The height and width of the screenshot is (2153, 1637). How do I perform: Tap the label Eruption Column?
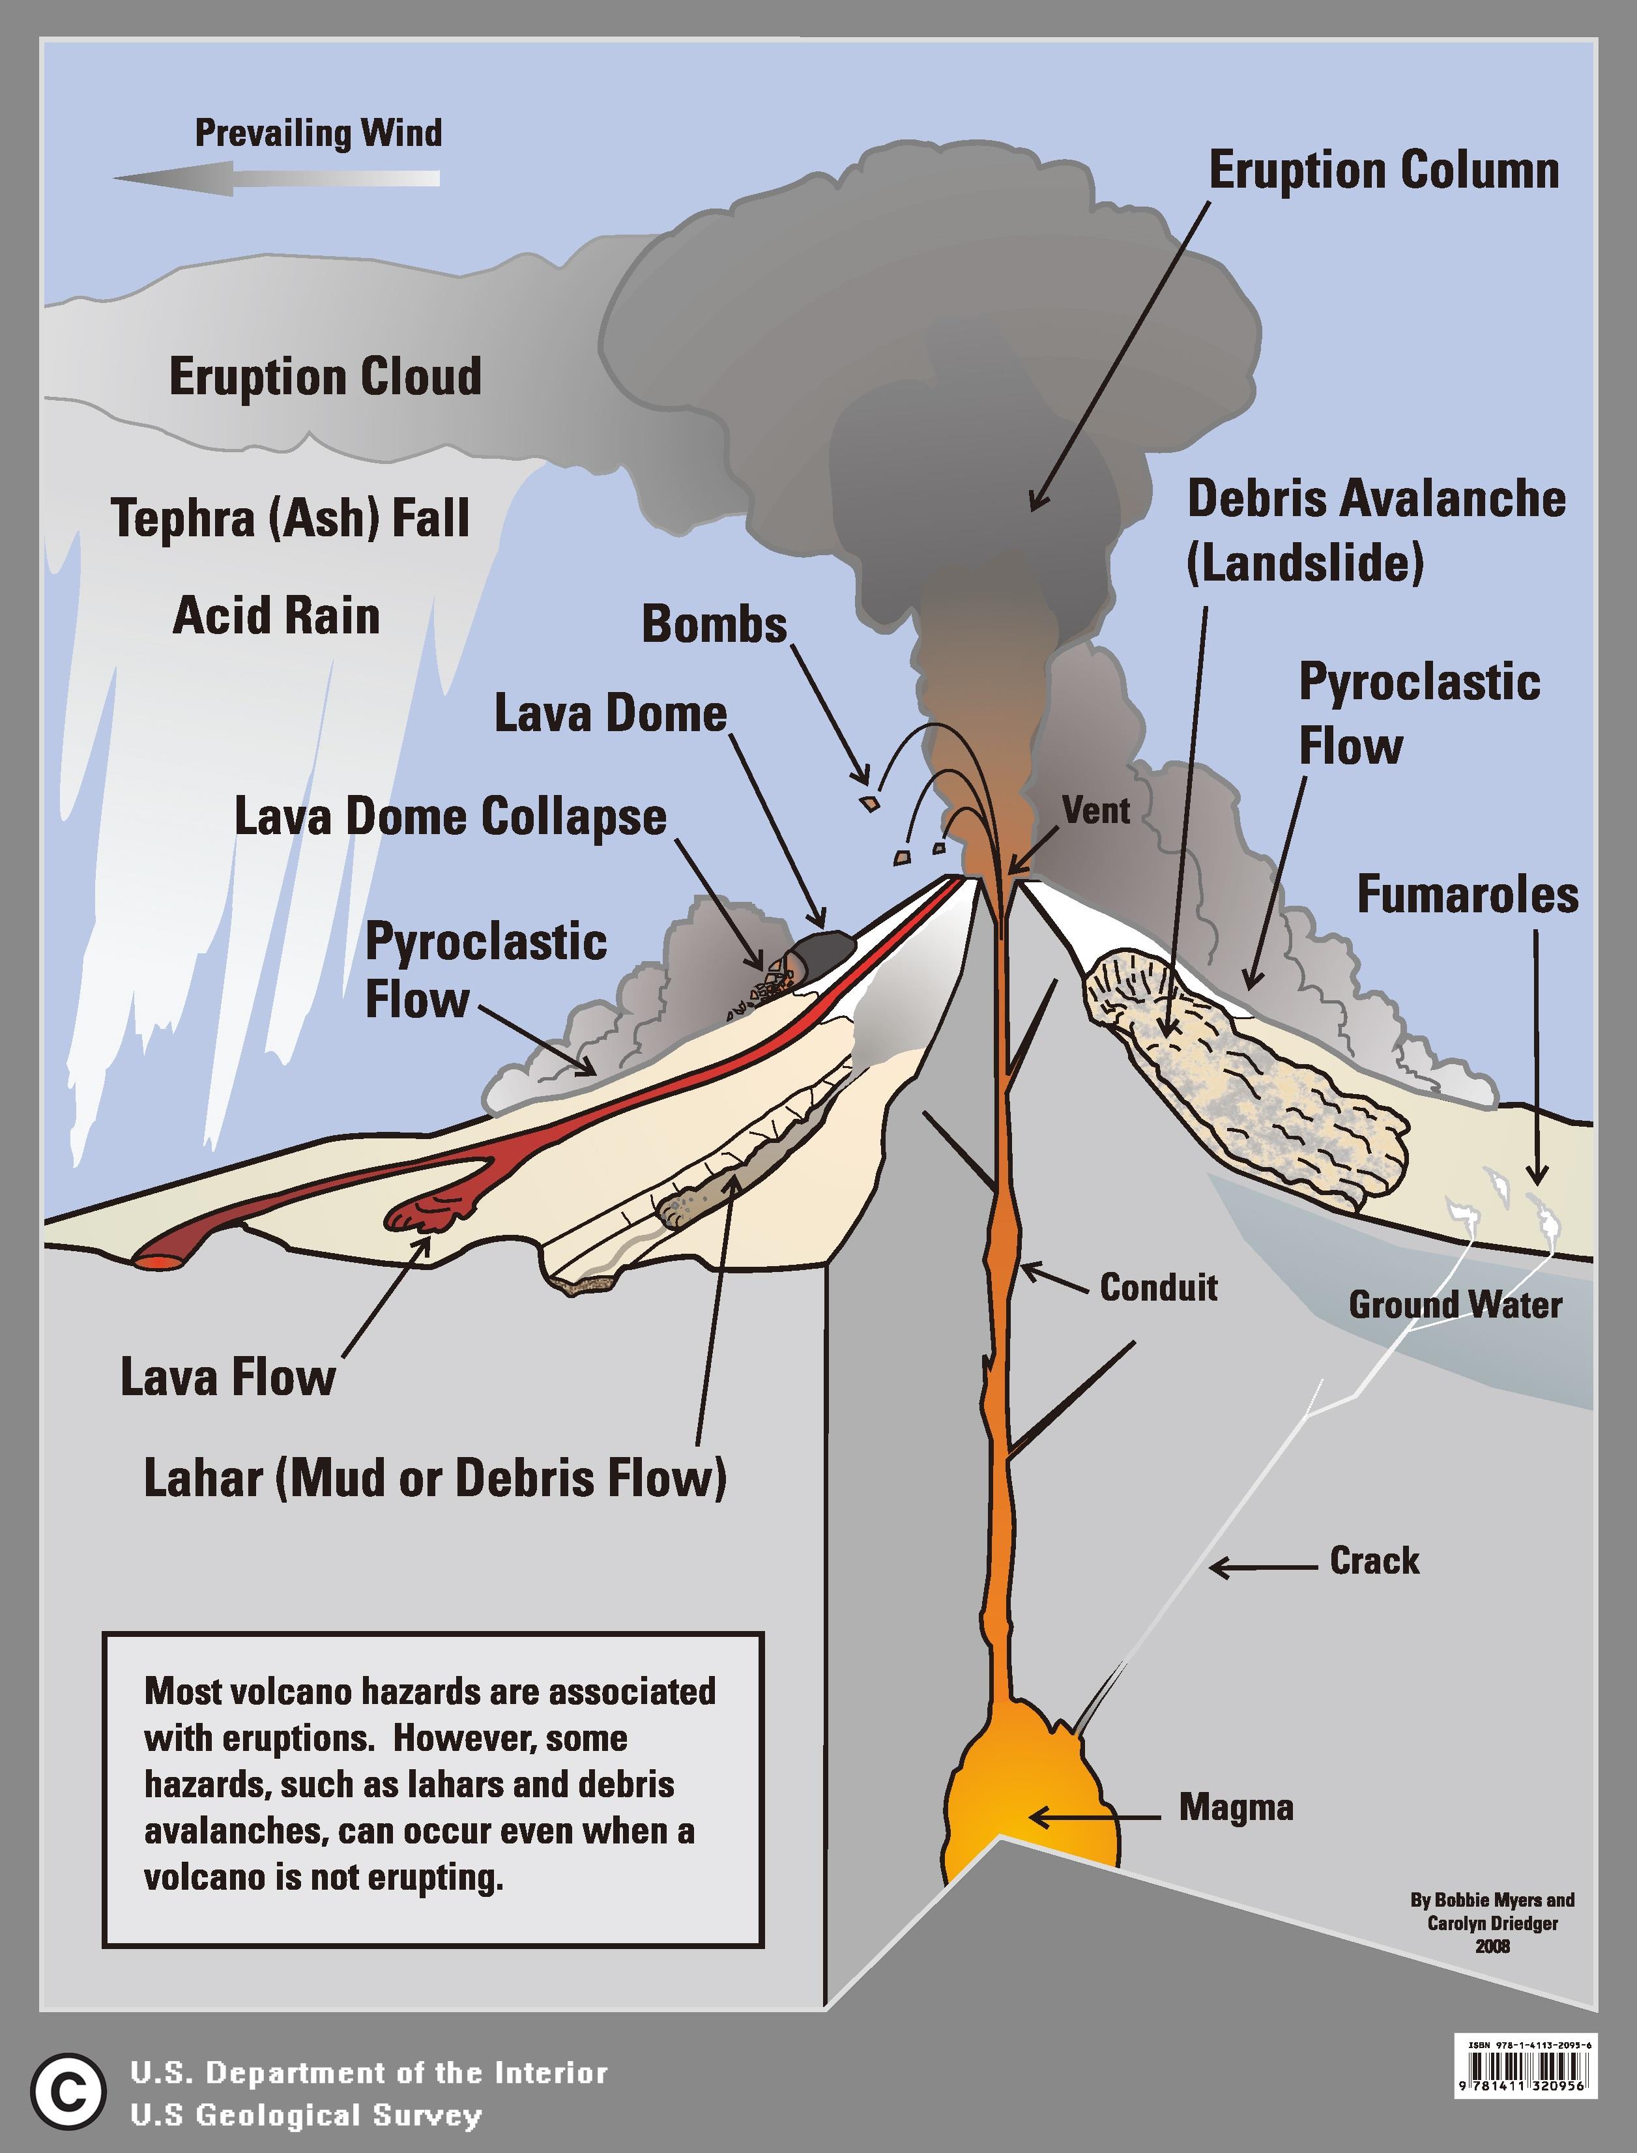tap(1383, 171)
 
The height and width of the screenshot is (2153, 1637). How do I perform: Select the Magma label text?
tap(1236, 1807)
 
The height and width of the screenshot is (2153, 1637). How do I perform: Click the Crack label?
tap(1374, 1561)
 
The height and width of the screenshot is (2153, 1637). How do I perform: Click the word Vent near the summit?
tap(1096, 811)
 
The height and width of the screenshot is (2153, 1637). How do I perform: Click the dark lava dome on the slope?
tap(826, 951)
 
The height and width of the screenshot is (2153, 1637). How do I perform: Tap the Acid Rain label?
tap(276, 616)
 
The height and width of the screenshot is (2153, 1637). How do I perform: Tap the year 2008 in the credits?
tap(1492, 1946)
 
